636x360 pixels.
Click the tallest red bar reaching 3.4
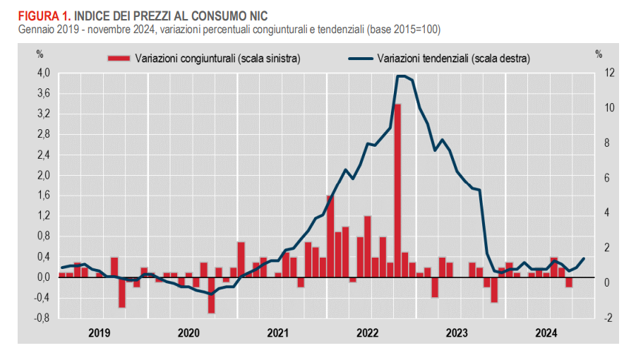(x=398, y=191)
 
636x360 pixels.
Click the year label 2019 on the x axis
(x=100, y=332)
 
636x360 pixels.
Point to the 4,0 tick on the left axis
(x=44, y=73)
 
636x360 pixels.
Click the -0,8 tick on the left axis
(x=42, y=318)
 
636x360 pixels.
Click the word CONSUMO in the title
(x=227, y=15)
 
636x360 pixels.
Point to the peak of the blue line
(x=401, y=76)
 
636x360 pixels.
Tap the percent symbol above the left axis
(x=40, y=53)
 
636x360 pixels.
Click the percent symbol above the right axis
(x=599, y=53)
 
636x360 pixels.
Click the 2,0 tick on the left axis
(x=44, y=175)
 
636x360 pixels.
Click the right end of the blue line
(x=584, y=258)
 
